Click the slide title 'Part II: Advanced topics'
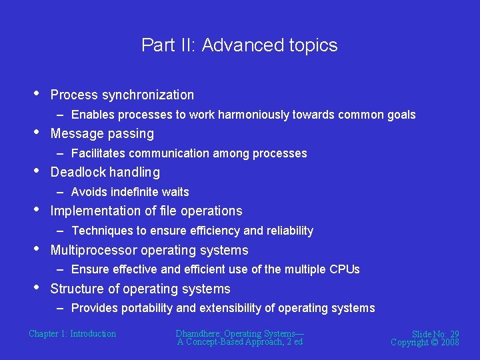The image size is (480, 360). click(239, 45)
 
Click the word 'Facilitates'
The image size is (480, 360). click(99, 153)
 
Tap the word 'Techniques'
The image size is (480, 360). click(102, 231)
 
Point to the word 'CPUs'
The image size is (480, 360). click(345, 269)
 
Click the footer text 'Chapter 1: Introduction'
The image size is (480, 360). click(72, 333)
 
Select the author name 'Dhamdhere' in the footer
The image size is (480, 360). click(198, 333)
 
